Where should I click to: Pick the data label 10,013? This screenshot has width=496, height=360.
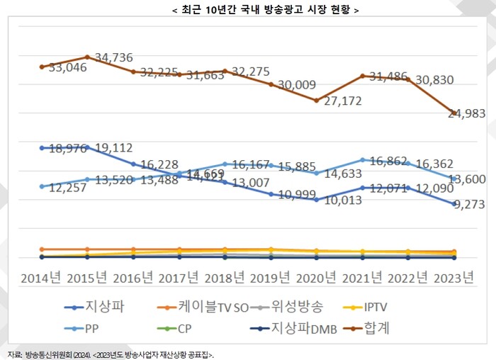[339, 201]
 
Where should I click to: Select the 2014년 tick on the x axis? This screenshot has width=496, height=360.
[41, 277]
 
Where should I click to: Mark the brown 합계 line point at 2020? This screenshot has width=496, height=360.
[316, 100]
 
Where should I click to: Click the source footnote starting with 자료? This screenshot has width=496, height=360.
[110, 354]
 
